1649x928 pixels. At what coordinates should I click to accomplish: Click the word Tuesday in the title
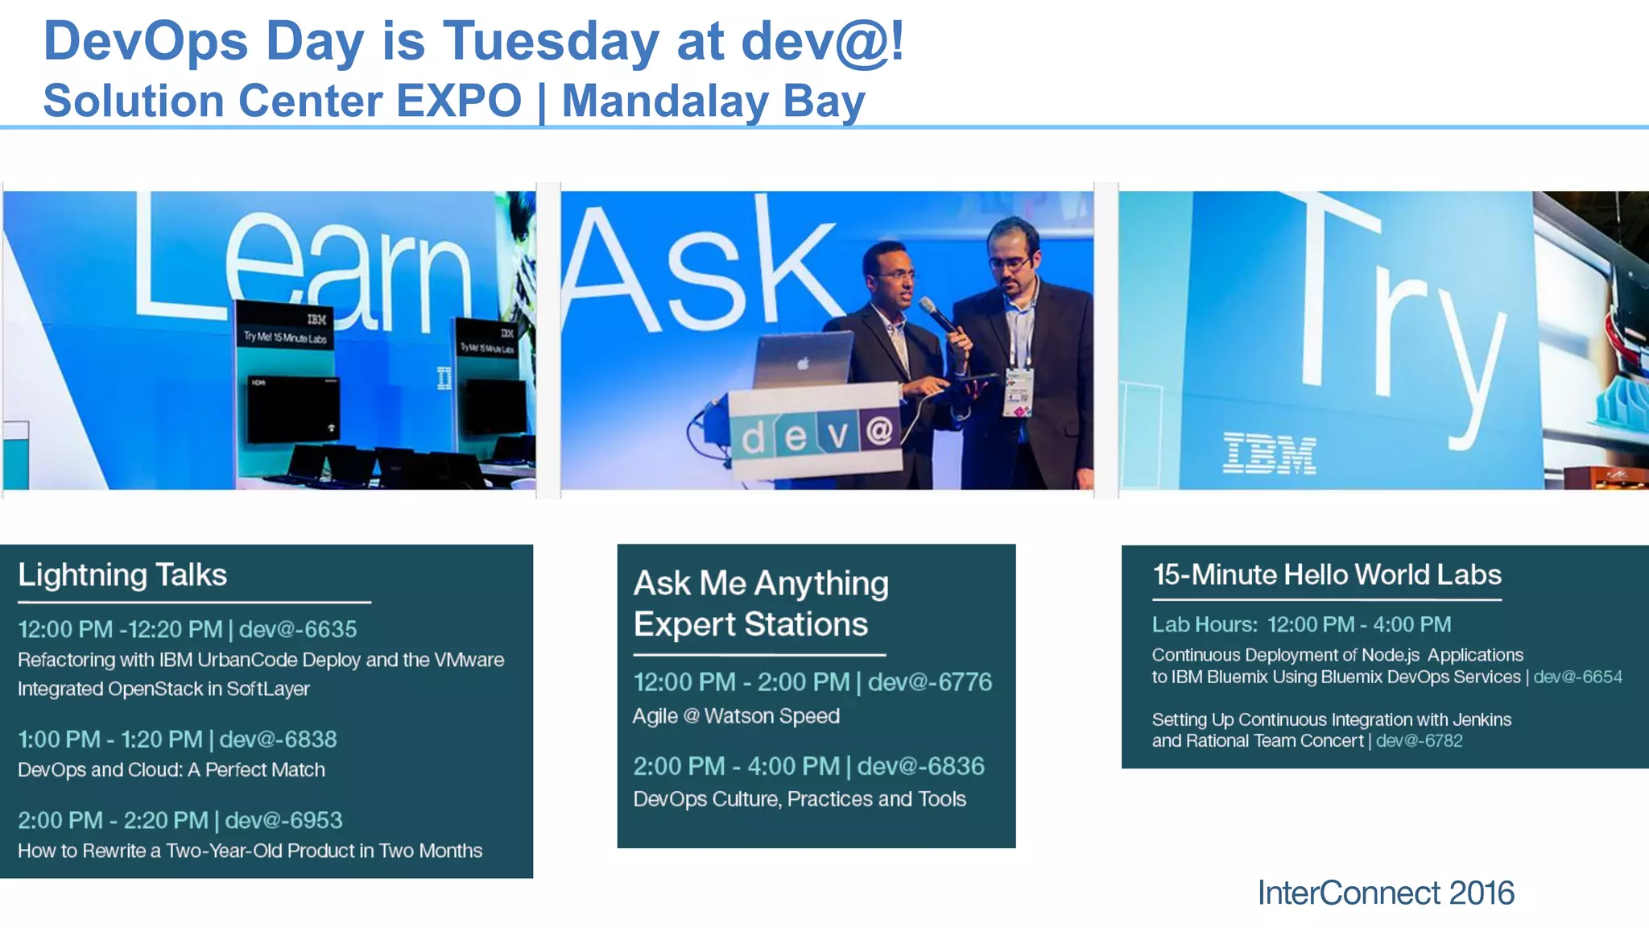pos(551,42)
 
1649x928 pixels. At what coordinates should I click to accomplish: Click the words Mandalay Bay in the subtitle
pos(713,101)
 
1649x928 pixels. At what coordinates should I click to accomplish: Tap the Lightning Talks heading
pos(122,575)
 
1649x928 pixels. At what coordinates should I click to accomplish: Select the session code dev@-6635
pos(298,629)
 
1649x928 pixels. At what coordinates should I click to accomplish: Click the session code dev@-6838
pos(278,739)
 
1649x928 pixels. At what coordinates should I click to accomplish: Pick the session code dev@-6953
pos(283,821)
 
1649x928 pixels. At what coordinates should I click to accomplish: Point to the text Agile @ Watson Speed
pos(736,716)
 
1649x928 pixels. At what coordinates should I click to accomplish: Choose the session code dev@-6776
pos(930,682)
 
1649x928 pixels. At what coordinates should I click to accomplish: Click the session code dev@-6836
pos(920,766)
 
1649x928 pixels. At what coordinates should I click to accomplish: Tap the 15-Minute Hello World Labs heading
pos(1327,575)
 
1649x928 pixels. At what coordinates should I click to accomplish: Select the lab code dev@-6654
pos(1577,677)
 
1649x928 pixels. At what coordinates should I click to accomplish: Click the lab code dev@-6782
pos(1419,741)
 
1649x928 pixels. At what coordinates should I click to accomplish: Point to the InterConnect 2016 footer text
pos(1386,893)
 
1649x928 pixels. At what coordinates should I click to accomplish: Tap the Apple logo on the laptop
pos(803,364)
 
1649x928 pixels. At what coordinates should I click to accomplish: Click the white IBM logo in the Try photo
pos(1269,454)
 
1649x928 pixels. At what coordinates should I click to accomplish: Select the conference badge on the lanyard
pos(1019,393)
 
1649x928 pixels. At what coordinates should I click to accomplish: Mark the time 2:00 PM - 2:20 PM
pos(113,821)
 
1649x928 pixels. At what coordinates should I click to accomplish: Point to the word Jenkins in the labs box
pos(1482,720)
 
